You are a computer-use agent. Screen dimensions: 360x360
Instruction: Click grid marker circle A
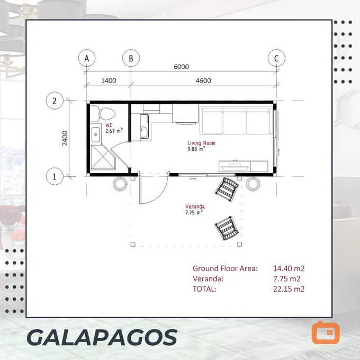[x=86, y=58]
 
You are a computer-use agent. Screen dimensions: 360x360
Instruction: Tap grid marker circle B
[x=131, y=58]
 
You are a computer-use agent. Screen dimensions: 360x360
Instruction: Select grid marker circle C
[x=276, y=58]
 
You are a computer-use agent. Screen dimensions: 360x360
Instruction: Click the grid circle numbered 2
[x=55, y=101]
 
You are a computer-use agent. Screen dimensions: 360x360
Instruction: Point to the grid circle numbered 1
[x=55, y=176]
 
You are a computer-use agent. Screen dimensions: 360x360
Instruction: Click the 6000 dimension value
[x=181, y=67]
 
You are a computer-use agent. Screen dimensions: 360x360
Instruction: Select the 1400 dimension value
[x=109, y=80]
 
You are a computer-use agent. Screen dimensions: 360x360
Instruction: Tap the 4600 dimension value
[x=203, y=80]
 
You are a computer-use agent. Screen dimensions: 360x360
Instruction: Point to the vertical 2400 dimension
[x=65, y=138]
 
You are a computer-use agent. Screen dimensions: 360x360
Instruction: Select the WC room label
[x=109, y=125]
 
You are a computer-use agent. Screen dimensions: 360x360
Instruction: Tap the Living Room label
[x=201, y=143]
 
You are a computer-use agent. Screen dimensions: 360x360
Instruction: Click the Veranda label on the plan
[x=195, y=206]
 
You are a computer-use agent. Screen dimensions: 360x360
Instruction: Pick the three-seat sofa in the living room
[x=236, y=121]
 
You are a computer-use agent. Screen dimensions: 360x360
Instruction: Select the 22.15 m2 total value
[x=289, y=289]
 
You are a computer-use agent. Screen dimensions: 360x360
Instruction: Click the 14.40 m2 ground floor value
[x=289, y=268]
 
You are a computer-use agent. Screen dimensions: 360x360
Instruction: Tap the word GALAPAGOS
[x=102, y=337]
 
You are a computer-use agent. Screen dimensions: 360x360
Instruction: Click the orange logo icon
[x=326, y=332]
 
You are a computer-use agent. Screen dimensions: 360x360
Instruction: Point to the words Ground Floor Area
[x=225, y=268]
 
